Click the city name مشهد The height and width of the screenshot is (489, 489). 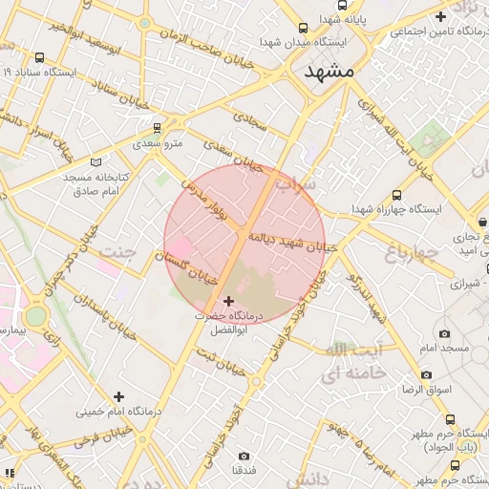pyautogui.click(x=329, y=72)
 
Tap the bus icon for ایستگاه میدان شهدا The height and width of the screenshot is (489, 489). pyautogui.click(x=303, y=29)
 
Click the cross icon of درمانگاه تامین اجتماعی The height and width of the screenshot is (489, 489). pyautogui.click(x=440, y=16)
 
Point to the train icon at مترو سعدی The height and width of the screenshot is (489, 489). pyautogui.click(x=158, y=127)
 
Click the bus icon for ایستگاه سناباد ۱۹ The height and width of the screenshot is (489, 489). pyautogui.click(x=39, y=57)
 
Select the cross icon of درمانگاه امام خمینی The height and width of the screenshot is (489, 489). pyautogui.click(x=118, y=395)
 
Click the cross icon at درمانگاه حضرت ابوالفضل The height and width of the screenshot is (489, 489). pyautogui.click(x=226, y=301)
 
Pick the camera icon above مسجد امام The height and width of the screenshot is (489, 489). pyautogui.click(x=444, y=333)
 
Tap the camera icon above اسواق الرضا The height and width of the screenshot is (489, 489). pyautogui.click(x=426, y=374)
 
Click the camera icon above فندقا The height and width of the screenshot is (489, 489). pyautogui.click(x=244, y=456)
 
